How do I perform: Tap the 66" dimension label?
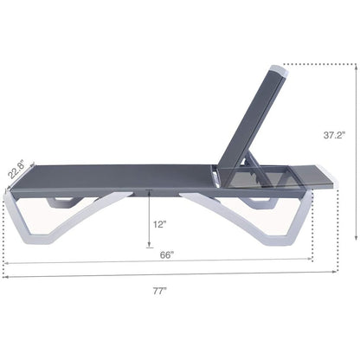167,254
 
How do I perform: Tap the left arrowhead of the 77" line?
7,277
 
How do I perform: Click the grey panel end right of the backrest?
303,177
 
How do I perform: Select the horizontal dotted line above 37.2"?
320,63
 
